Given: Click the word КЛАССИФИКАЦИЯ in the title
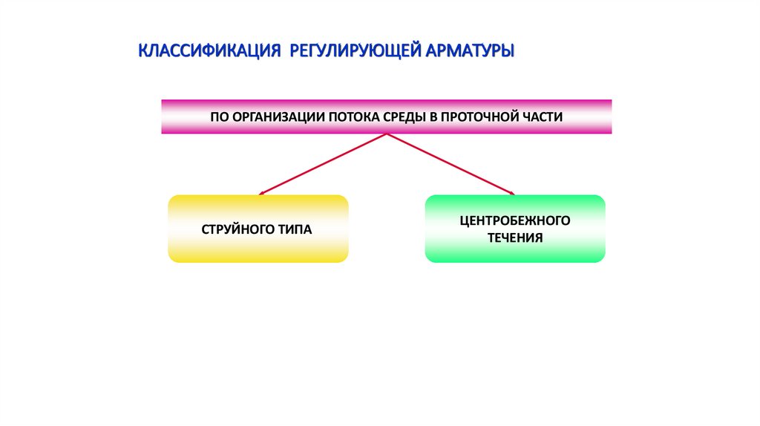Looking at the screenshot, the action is pyautogui.click(x=209, y=52).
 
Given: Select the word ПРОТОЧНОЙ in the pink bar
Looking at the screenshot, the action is pyautogui.click(x=485, y=117).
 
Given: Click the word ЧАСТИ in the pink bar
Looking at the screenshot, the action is pyautogui.click(x=543, y=117).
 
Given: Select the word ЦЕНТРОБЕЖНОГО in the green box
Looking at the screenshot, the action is pyautogui.click(x=514, y=221).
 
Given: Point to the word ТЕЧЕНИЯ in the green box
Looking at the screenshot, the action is pyautogui.click(x=514, y=238).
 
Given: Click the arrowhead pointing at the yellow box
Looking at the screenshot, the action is pyautogui.click(x=261, y=194).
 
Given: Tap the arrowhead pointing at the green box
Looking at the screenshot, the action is pyautogui.click(x=511, y=194).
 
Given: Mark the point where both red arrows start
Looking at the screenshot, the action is pyautogui.click(x=387, y=134).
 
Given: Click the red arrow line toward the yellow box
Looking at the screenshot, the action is pyautogui.click(x=324, y=164).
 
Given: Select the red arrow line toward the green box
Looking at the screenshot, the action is pyautogui.click(x=449, y=164).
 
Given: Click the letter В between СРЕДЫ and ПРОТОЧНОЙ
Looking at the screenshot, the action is pyautogui.click(x=439, y=117).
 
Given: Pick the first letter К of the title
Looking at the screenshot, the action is pyautogui.click(x=143, y=52).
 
